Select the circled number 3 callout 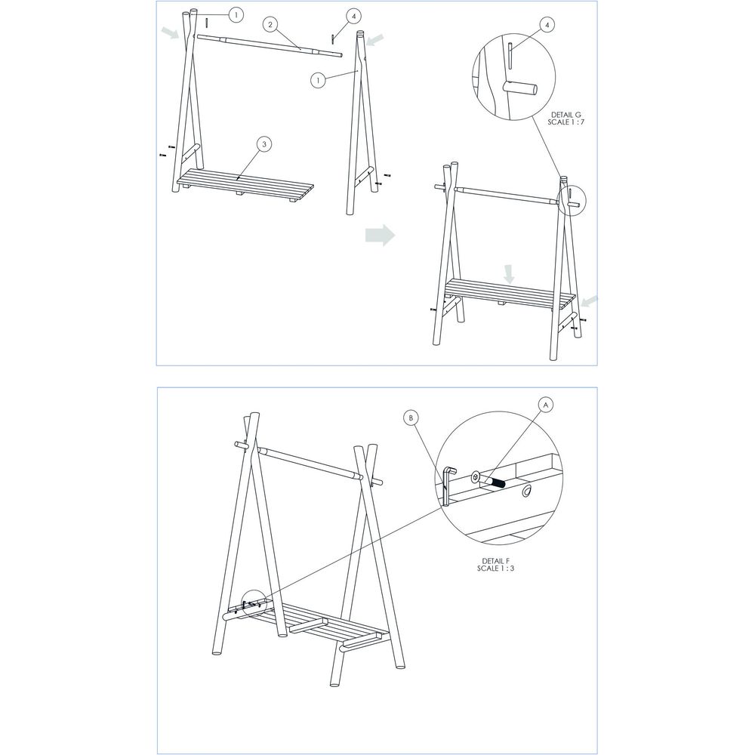[x=262, y=143]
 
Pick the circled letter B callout [x=411, y=417]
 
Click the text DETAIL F [x=496, y=561]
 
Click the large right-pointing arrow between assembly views [x=381, y=235]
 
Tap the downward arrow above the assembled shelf [x=510, y=274]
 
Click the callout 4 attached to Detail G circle [x=547, y=25]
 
